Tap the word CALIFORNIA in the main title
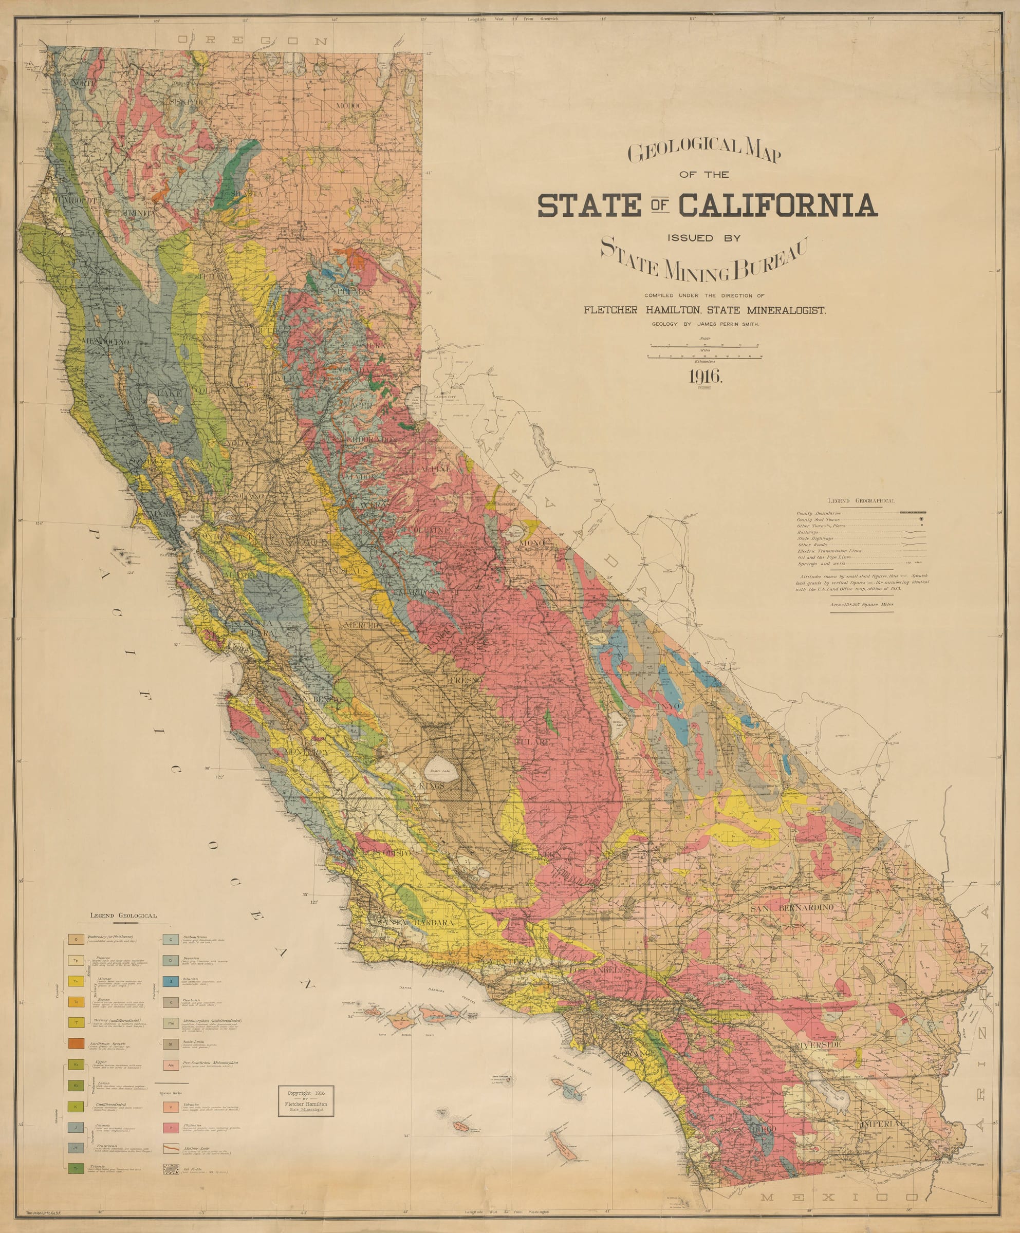777,206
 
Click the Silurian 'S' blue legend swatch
170,981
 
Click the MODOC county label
350,106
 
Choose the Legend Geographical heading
861,501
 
